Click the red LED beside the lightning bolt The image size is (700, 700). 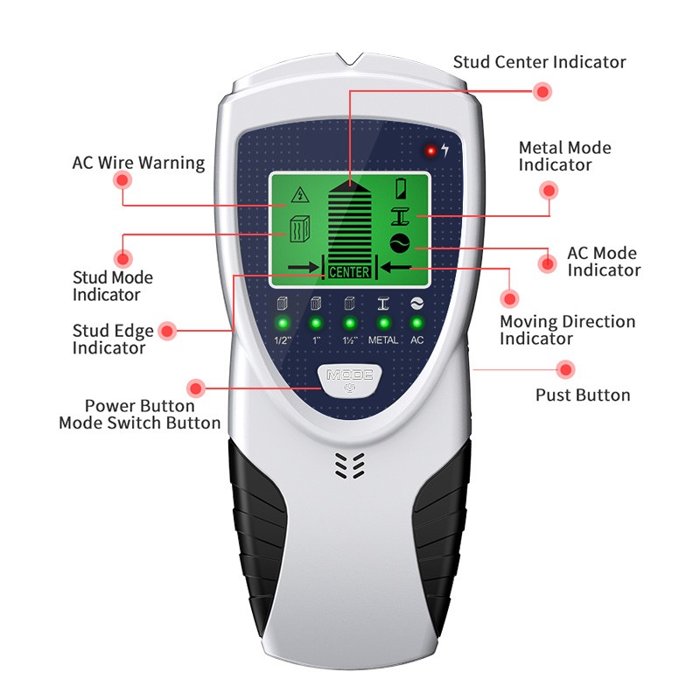430,150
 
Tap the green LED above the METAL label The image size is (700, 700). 383,323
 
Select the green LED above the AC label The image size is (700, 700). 417,323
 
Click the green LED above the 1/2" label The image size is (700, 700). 282,323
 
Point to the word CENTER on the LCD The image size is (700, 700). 349,272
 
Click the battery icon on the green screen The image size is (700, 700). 401,188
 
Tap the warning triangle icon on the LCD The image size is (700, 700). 300,194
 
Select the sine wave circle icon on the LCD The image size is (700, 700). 400,243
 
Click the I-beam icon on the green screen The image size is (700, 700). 401,216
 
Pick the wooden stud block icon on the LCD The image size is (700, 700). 300,228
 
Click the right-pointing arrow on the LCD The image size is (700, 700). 304,268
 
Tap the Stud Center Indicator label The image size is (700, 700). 539,62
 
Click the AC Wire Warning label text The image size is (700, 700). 138,163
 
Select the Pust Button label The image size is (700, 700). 583,395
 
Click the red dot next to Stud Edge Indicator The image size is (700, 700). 167,331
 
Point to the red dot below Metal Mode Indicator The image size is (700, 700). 549,191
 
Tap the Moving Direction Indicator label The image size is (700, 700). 567,330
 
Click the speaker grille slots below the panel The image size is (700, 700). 350,465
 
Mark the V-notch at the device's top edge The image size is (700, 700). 350,59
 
